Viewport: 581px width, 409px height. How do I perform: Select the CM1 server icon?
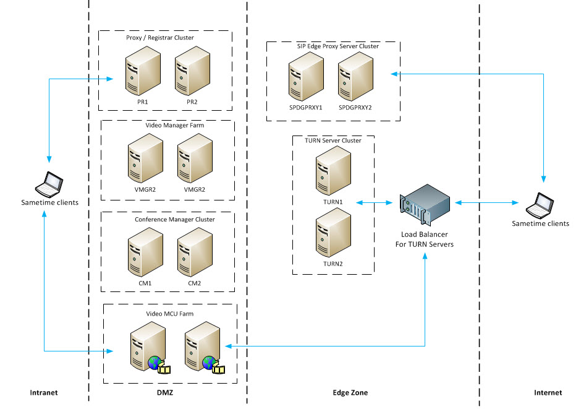(x=144, y=254)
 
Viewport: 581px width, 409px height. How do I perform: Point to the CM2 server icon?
(x=193, y=254)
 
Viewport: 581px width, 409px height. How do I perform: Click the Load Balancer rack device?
(x=425, y=203)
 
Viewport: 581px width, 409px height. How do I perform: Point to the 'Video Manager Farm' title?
(x=175, y=126)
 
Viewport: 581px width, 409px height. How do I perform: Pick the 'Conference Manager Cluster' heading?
(x=175, y=219)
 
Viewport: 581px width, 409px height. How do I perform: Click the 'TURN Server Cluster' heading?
(x=333, y=140)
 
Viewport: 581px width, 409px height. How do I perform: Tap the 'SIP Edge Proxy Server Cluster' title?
(x=334, y=46)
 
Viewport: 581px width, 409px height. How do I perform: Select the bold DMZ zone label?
(x=168, y=393)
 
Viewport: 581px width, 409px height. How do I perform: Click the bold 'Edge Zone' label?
(x=350, y=393)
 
